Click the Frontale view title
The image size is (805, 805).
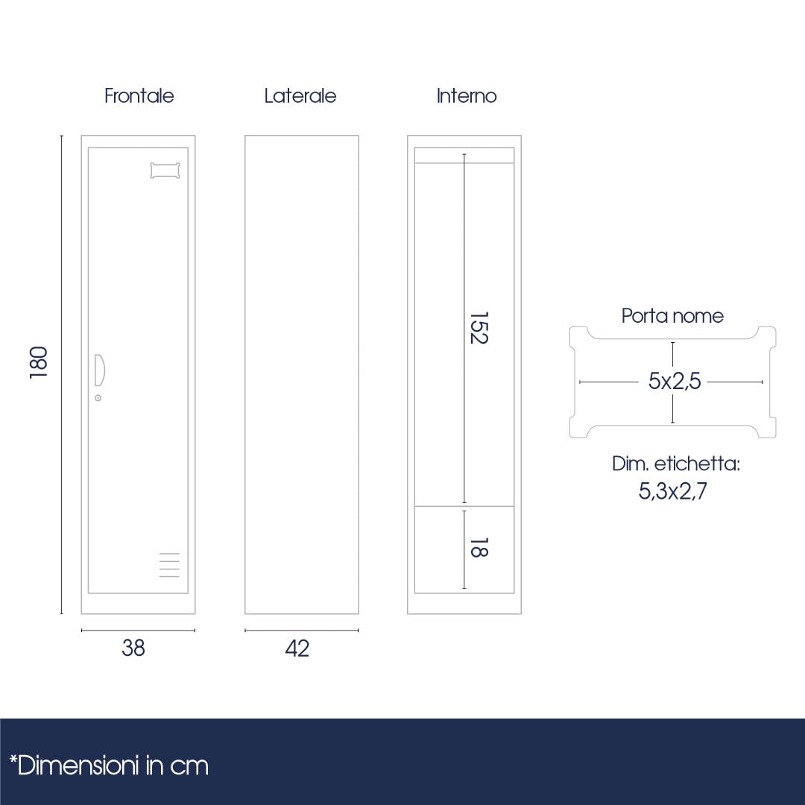point(139,96)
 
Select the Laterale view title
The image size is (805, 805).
point(300,96)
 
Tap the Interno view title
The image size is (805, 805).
point(467,96)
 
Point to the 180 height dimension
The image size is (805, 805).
point(39,362)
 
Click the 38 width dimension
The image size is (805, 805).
point(133,648)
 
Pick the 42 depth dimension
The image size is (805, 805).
point(297,648)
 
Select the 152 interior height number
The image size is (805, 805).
point(479,327)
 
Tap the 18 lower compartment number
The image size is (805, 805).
point(479,547)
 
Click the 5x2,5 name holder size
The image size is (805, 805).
point(674,381)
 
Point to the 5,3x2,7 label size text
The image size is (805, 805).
point(673,490)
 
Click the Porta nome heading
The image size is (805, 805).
point(672,316)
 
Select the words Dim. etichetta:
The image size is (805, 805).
point(676,464)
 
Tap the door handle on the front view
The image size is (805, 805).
point(100,370)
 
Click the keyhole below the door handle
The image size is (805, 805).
point(98,398)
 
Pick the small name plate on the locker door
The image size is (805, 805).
point(165,171)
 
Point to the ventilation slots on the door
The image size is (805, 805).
point(169,565)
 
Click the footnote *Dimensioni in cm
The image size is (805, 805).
point(110,765)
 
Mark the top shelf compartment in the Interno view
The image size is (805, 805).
point(464,156)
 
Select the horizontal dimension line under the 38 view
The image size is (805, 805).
point(138,630)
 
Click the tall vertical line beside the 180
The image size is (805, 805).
point(62,375)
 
